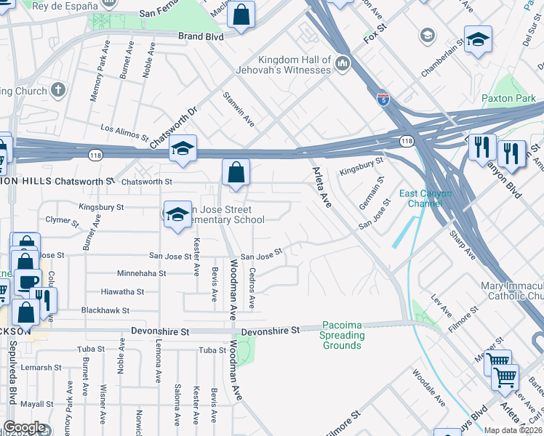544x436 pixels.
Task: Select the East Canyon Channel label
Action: pyautogui.click(x=425, y=198)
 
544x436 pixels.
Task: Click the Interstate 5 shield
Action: pyautogui.click(x=383, y=98)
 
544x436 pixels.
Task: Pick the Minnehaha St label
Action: pyautogui.click(x=141, y=274)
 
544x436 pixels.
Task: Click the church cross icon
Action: pyautogui.click(x=57, y=90)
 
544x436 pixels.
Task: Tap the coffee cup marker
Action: pyautogui.click(x=28, y=282)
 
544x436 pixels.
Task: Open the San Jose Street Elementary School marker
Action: pyautogui.click(x=177, y=214)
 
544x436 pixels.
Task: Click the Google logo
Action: pyautogui.click(x=24, y=428)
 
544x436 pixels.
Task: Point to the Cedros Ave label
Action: pyautogui.click(x=252, y=291)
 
